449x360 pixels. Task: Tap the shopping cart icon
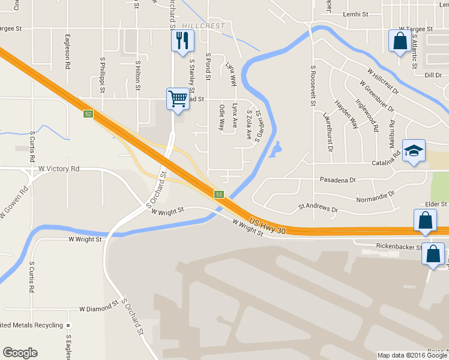point(178,98)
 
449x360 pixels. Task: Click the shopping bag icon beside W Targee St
point(399,41)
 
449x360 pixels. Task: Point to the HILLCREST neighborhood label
point(203,26)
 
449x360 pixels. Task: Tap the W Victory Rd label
point(59,169)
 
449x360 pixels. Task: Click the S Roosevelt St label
point(313,85)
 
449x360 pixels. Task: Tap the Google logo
point(20,353)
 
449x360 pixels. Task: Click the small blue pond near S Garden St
point(275,149)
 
